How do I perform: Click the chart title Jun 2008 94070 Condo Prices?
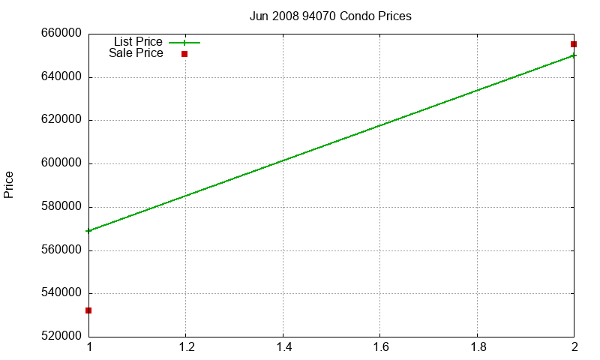331,16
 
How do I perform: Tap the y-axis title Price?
8,184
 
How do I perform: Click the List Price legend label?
138,41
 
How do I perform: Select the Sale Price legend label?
136,52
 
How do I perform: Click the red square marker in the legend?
184,54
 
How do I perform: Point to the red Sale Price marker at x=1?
88,310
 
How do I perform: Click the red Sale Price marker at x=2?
574,44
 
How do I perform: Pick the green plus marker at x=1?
88,231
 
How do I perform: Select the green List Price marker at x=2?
573,55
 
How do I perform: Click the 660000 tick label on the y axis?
61,33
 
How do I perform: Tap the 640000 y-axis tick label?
61,77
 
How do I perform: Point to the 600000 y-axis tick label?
61,163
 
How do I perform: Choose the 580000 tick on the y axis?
61,206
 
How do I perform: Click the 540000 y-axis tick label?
61,292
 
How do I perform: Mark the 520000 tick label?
61,336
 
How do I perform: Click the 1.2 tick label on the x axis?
187,347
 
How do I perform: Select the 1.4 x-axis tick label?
283,347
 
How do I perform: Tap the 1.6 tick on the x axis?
381,347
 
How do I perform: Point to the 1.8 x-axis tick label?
478,347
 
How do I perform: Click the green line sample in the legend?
184,43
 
